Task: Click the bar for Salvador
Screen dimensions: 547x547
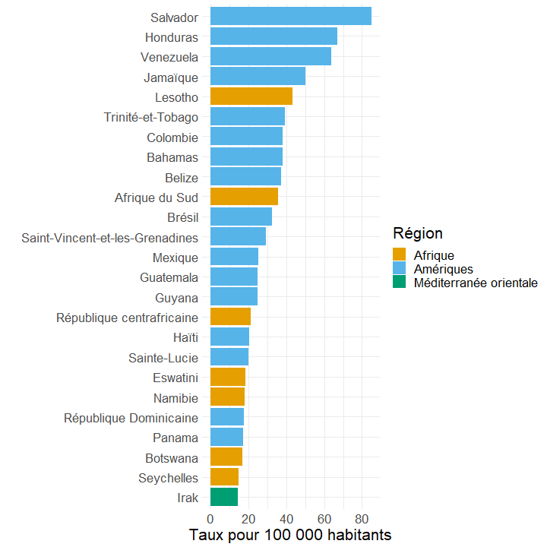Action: tap(290, 16)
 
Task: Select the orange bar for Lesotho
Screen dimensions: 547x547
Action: tap(251, 96)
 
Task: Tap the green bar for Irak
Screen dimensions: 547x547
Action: tap(224, 497)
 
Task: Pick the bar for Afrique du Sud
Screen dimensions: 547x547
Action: tap(244, 196)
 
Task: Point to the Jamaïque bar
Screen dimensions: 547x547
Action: tap(258, 76)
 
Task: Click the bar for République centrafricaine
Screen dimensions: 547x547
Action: tap(230, 316)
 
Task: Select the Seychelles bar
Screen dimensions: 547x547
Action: tap(224, 476)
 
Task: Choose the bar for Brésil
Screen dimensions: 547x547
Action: tap(241, 217)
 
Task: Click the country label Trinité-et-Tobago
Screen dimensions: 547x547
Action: tap(151, 118)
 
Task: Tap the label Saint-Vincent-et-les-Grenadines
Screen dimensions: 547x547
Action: tap(110, 238)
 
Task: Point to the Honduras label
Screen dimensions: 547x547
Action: tap(172, 37)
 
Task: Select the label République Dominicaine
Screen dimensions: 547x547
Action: tap(131, 419)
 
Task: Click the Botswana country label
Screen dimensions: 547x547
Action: tap(172, 458)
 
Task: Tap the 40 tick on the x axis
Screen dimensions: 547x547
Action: tap(286, 520)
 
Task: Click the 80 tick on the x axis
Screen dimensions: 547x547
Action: tap(362, 520)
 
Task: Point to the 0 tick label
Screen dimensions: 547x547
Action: tap(210, 520)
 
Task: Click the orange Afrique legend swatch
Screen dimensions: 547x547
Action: tap(399, 255)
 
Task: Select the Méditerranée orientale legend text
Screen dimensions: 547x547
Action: tap(476, 283)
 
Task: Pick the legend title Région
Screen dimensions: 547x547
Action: tap(418, 233)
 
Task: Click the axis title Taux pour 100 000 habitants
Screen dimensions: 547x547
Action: tap(290, 535)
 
